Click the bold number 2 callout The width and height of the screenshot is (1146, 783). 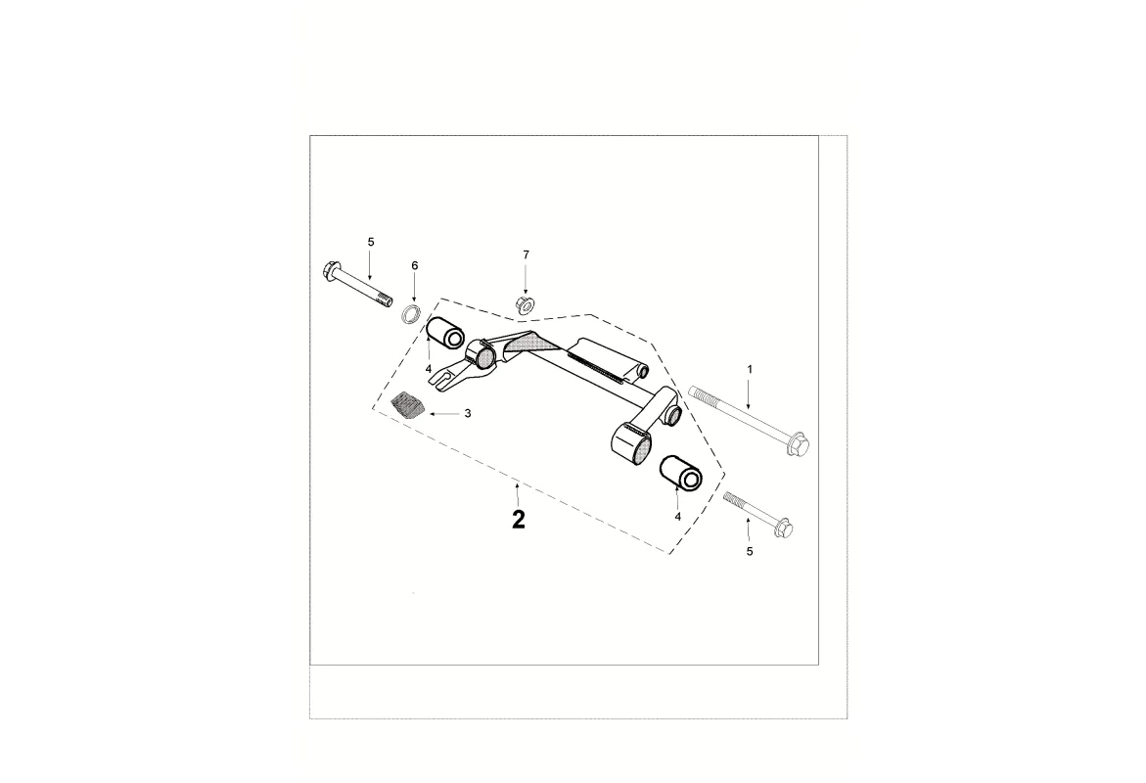[x=518, y=520]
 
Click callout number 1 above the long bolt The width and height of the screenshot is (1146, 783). [x=749, y=370]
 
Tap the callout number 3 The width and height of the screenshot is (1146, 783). [x=468, y=413]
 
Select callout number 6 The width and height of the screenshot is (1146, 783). [x=414, y=265]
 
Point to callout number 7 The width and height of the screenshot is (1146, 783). [x=526, y=254]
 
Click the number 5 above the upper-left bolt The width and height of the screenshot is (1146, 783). [x=371, y=241]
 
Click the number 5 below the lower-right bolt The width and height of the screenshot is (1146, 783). [x=749, y=551]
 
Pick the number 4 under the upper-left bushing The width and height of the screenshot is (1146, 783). [x=429, y=368]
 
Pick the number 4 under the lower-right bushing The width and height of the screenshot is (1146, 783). [x=677, y=516]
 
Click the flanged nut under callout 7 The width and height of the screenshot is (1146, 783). [x=524, y=303]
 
